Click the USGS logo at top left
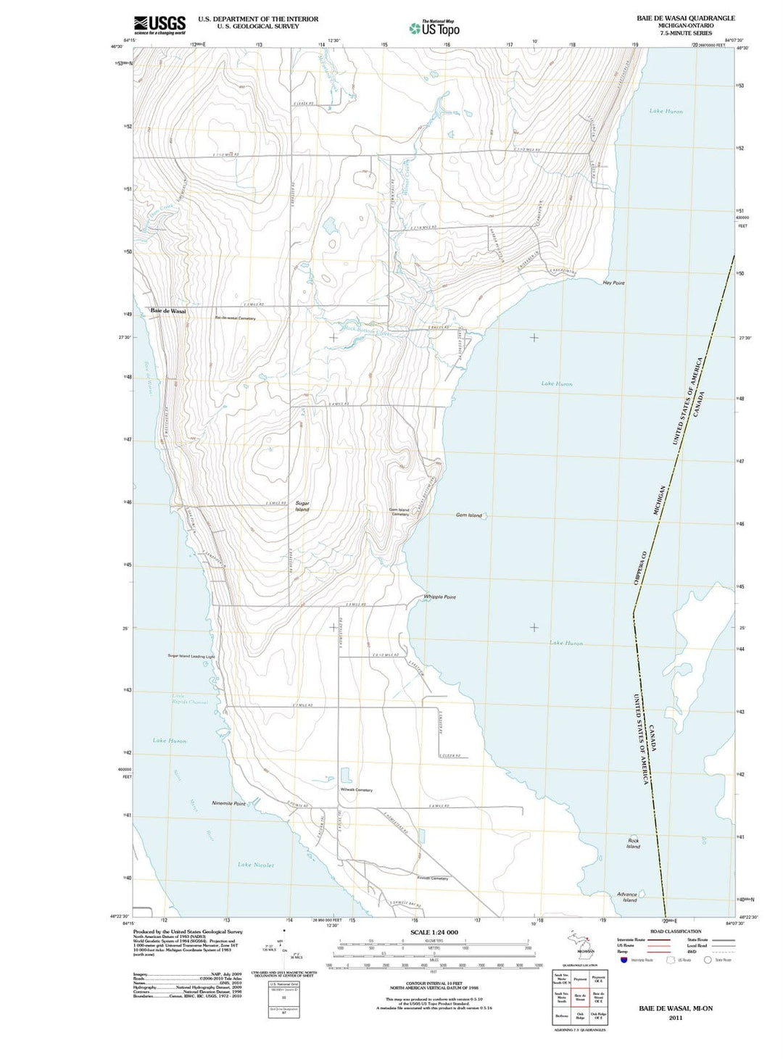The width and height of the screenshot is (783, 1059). point(159,25)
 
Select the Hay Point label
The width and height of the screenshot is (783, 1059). point(613,283)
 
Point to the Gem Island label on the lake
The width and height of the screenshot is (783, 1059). point(468,515)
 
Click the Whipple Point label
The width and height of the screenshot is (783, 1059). point(439,597)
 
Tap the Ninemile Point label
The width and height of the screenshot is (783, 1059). point(228,803)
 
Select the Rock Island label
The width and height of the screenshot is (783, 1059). point(633,844)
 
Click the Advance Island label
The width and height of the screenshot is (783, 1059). point(627,897)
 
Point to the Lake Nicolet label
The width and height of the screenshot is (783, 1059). point(256,865)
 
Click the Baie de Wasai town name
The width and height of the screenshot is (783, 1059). point(168,311)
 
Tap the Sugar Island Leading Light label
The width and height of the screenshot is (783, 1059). point(191,657)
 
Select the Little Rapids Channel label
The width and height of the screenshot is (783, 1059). point(188,699)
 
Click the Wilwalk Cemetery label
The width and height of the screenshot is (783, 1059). point(356,790)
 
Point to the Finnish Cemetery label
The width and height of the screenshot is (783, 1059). point(432,879)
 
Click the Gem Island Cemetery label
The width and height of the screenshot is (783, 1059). point(399,512)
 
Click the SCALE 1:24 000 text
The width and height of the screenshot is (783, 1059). point(434,932)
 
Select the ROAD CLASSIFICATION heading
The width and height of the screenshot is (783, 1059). point(676,931)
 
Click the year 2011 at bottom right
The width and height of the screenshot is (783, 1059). point(676,1018)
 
